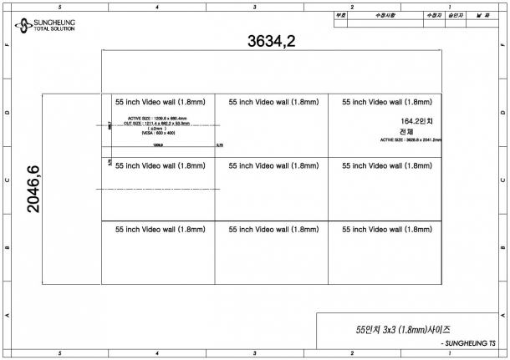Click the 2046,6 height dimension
point(34,188)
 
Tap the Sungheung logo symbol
point(23,25)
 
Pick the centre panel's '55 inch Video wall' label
point(273,166)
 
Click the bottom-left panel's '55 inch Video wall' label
point(160,229)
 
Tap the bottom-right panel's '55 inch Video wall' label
point(387,229)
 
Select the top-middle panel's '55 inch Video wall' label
point(273,102)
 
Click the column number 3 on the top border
point(254,6)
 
